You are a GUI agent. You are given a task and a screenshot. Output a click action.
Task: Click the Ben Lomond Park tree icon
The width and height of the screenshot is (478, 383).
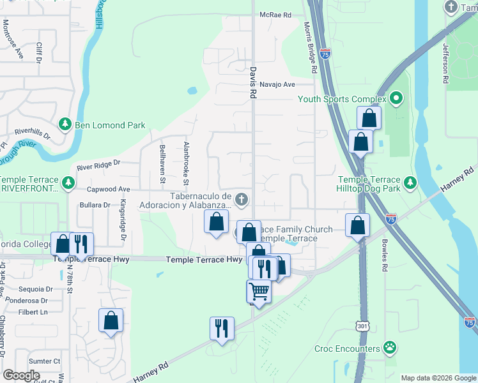click(x=65, y=124)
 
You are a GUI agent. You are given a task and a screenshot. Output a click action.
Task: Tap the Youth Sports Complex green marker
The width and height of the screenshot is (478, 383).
click(x=396, y=99)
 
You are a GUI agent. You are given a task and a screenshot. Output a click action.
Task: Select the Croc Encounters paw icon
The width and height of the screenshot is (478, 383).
click(x=389, y=349)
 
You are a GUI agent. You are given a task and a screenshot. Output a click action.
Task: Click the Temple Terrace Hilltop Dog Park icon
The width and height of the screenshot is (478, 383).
click(x=410, y=184)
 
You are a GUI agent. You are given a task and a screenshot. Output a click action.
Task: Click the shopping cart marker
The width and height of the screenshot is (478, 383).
click(x=259, y=291)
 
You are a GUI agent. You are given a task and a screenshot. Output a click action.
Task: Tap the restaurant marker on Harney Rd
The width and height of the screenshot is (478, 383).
click(x=222, y=329)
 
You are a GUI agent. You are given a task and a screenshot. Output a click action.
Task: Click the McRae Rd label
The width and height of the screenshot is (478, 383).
click(x=275, y=15)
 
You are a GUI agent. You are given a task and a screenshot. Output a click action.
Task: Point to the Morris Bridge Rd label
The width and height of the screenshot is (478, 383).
click(x=310, y=47)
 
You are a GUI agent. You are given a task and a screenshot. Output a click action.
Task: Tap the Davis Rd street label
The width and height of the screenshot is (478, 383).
click(x=253, y=83)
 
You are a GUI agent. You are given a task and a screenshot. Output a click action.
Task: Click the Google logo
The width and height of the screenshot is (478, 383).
click(x=22, y=375)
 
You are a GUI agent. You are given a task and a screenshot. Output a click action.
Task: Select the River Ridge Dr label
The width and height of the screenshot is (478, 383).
click(x=98, y=165)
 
